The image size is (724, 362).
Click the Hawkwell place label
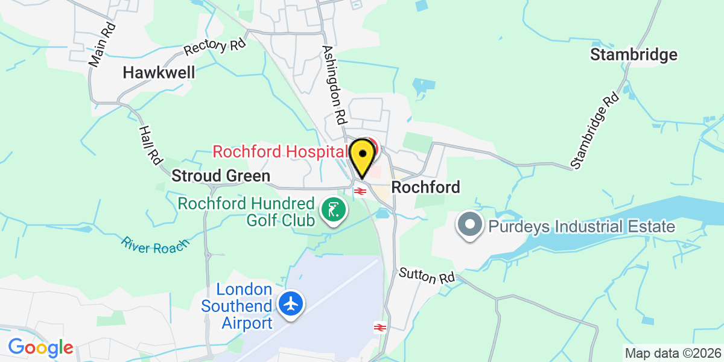click(159, 73)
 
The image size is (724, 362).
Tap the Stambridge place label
click(634, 55)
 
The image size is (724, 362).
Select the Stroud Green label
click(221, 176)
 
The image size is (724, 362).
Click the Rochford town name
click(425, 187)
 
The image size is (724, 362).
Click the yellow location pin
click(361, 157)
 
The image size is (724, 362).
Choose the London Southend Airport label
click(238, 306)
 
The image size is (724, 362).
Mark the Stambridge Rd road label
click(595, 130)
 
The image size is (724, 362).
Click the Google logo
click(40, 348)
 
